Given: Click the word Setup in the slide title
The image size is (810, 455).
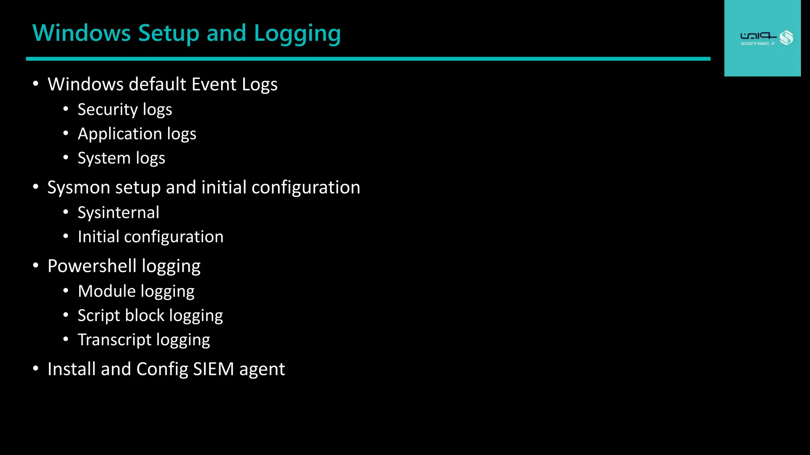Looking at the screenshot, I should point(169,33).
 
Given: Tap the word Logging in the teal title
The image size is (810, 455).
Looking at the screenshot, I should point(297,34).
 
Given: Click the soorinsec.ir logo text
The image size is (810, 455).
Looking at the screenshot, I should point(758,43).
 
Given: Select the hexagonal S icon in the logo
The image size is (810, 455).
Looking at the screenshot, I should point(786,38).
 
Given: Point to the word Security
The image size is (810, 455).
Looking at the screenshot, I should point(108,110).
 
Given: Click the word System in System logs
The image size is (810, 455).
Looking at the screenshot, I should point(104,158).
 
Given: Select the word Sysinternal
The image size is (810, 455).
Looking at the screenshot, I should point(118,212).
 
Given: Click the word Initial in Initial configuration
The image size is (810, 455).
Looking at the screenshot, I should point(98,237).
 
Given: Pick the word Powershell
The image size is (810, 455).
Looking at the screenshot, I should point(92,266).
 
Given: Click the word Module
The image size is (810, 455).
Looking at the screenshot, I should point(107,291).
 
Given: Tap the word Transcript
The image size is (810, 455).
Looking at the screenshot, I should point(114,340).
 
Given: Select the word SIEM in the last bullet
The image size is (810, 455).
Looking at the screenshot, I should point(214,369).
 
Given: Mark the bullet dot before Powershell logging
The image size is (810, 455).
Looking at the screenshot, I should point(36,265).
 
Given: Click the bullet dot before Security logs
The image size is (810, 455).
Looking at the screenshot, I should point(66,109).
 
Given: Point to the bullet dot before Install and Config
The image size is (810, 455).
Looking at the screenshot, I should point(36,369).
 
